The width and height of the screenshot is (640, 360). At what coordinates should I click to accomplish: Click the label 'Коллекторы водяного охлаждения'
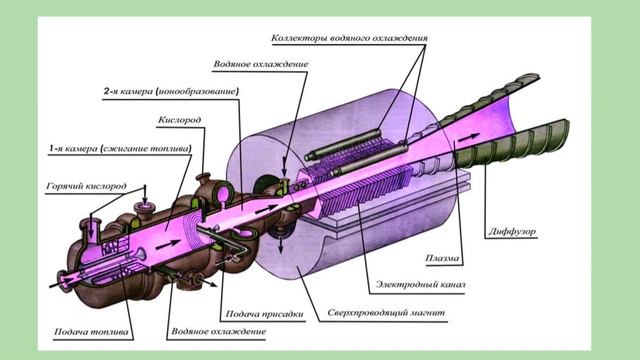click(x=349, y=38)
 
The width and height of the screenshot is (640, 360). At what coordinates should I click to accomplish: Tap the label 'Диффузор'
click(x=512, y=231)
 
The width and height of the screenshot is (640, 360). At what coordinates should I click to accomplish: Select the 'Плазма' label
click(x=442, y=258)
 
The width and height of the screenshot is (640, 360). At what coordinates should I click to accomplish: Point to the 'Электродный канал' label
click(x=420, y=284)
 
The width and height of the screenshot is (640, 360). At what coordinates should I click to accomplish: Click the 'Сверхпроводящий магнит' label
click(x=386, y=313)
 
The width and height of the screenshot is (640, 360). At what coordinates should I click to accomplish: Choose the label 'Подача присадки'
click(x=264, y=314)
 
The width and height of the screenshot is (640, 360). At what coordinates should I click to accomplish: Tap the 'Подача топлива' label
click(x=91, y=332)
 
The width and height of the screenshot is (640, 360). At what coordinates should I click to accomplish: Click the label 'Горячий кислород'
click(x=87, y=186)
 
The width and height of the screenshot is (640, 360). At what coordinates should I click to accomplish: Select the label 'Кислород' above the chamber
click(x=180, y=120)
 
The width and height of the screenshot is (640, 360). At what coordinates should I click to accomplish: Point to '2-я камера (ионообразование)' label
click(x=171, y=91)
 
